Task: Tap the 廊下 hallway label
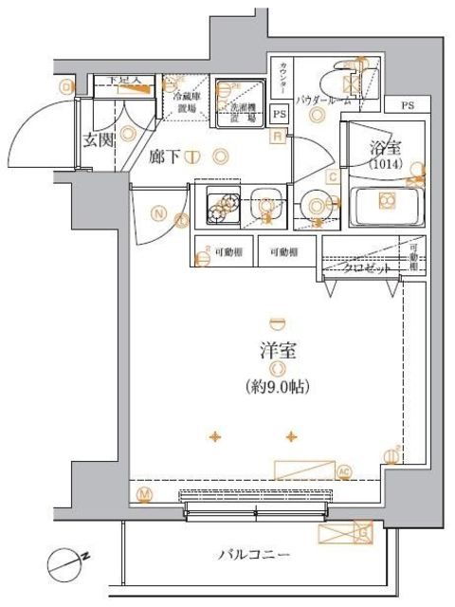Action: point(164,156)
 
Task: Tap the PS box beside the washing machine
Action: point(279,113)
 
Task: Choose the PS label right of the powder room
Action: point(408,105)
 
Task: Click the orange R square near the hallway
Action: point(277,137)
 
